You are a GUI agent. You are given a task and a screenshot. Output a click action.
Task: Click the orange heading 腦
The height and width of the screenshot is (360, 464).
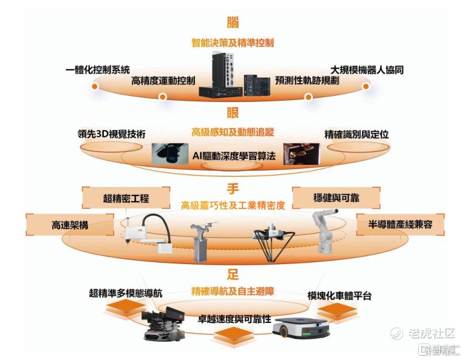pos(233,22)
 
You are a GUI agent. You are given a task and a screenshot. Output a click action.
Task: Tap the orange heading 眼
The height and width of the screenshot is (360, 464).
pos(233,113)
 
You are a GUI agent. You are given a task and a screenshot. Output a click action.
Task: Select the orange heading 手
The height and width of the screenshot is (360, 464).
pos(233,189)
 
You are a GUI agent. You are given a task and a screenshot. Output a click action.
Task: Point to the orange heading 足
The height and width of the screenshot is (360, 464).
pos(233,274)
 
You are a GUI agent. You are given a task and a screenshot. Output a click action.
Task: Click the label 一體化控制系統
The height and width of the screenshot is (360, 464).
pos(98,70)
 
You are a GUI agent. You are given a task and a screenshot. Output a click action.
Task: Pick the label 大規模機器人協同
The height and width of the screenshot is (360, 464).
pos(367,70)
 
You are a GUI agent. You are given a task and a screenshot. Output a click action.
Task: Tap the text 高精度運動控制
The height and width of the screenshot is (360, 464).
pos(163,80)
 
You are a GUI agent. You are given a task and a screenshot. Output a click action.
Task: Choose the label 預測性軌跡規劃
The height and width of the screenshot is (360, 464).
pos(307,80)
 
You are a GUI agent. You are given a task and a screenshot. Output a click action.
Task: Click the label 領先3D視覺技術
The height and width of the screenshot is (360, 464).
pos(112,134)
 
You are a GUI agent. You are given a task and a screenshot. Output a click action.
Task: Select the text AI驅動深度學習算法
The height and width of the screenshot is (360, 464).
pos(234,156)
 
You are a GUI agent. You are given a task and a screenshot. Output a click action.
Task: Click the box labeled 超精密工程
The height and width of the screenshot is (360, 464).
pos(126,198)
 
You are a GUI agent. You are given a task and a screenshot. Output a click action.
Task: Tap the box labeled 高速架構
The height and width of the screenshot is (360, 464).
pos(70,225)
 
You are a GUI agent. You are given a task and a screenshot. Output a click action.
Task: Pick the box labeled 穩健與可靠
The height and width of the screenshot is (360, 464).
pos(336,197)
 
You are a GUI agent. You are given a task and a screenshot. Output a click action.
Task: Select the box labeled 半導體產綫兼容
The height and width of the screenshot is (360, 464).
pos(400,224)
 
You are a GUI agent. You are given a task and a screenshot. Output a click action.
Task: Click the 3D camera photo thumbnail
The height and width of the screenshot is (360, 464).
pos(170,154)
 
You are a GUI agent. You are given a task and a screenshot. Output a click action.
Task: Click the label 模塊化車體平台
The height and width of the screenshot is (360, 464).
pos(339,296)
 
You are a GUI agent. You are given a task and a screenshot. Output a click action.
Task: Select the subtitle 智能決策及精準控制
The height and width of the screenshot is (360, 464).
pos(233,43)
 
